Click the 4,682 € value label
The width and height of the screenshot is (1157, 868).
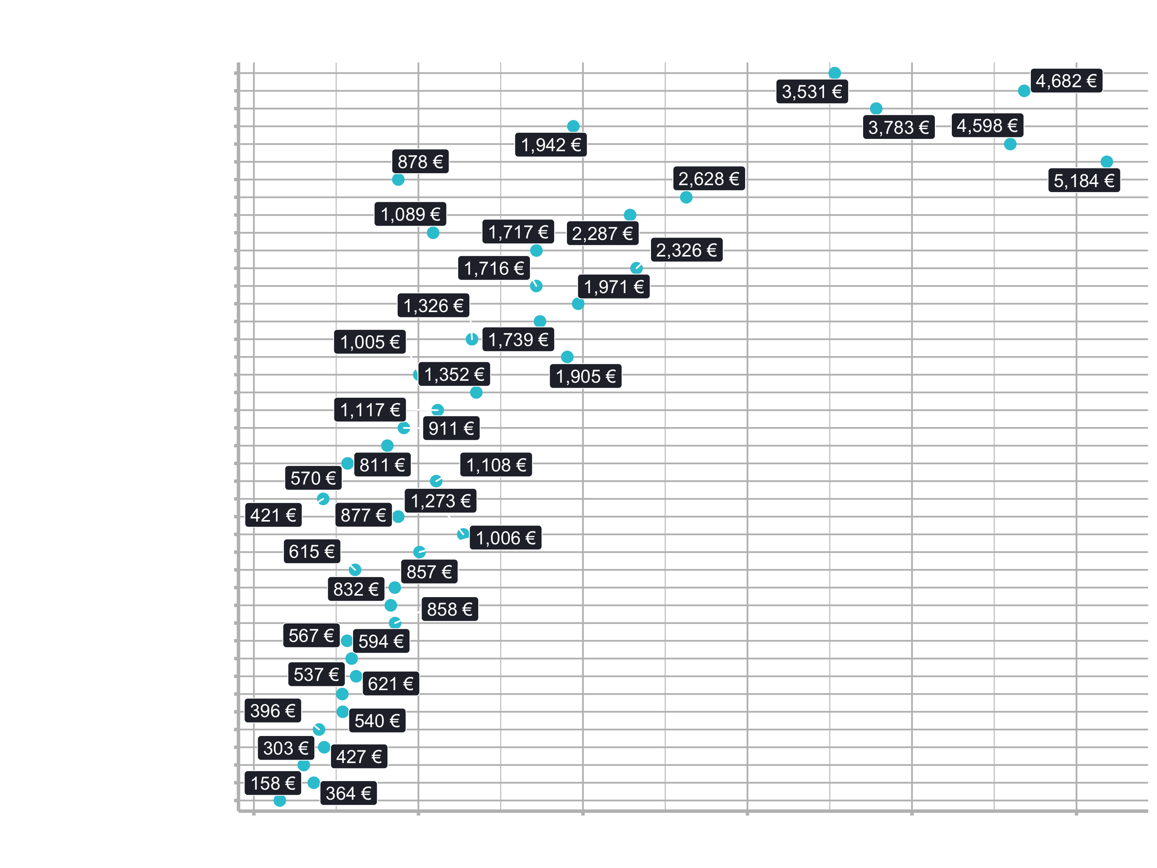pyautogui.click(x=1066, y=81)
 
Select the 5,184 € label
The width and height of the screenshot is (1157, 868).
pyautogui.click(x=1084, y=181)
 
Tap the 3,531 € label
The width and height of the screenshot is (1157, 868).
pyautogui.click(x=812, y=91)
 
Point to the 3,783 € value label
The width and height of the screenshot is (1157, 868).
pyautogui.click(x=899, y=127)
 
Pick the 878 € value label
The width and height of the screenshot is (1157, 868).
pyautogui.click(x=420, y=161)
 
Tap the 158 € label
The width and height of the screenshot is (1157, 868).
pyautogui.click(x=273, y=783)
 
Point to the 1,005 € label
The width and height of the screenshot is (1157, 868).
pyautogui.click(x=370, y=342)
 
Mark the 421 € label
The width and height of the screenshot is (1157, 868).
pyautogui.click(x=273, y=515)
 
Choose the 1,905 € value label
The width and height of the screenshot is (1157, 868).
pyautogui.click(x=586, y=376)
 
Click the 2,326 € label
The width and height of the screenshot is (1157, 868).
pyautogui.click(x=687, y=250)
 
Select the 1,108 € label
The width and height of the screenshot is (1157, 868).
pyautogui.click(x=496, y=464)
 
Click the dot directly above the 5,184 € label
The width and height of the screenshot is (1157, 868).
pyautogui.click(x=1107, y=162)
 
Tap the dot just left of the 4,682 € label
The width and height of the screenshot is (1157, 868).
pyautogui.click(x=1024, y=91)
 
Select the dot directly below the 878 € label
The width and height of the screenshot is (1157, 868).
pyautogui.click(x=398, y=179)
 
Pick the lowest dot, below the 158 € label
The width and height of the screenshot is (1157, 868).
pyautogui.click(x=280, y=800)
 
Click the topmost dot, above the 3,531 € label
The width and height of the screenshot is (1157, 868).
pyautogui.click(x=835, y=73)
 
